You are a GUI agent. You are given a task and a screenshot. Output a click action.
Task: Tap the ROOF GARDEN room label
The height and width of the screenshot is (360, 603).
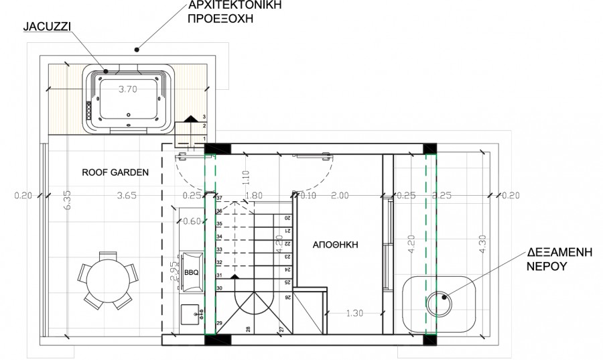click(115, 172)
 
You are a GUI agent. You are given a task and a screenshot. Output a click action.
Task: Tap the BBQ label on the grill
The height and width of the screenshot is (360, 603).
click(191, 274)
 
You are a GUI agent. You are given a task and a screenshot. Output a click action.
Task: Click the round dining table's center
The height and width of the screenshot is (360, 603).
click(107, 279)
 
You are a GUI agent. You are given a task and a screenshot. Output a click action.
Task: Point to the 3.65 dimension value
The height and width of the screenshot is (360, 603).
click(127, 196)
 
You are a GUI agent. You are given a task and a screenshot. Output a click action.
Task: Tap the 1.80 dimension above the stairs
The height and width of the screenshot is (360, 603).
click(255, 196)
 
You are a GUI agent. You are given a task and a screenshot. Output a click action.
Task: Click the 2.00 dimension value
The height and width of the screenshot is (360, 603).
click(340, 196)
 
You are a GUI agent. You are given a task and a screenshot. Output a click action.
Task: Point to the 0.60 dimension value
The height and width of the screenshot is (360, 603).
click(192, 221)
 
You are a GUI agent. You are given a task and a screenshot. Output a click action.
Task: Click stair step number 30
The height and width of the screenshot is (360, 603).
click(219, 288)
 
